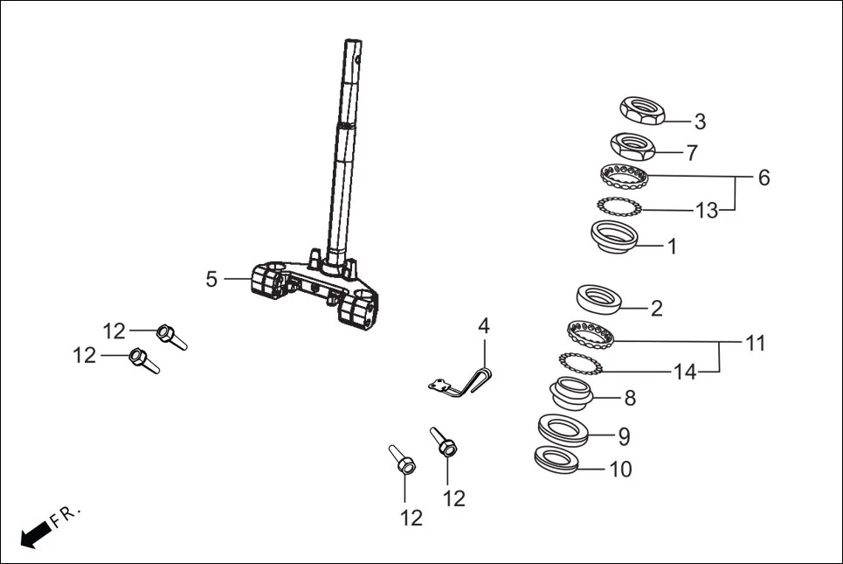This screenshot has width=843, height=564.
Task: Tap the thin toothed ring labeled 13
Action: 619,207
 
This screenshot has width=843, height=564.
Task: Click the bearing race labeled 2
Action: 599,298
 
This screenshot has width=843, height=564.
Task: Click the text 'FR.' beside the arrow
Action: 66,515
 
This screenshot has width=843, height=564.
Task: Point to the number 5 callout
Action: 211,279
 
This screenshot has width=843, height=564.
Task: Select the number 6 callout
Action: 764,178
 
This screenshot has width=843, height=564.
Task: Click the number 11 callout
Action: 755,344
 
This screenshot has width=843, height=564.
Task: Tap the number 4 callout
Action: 483,327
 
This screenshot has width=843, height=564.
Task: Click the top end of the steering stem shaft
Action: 352,44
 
